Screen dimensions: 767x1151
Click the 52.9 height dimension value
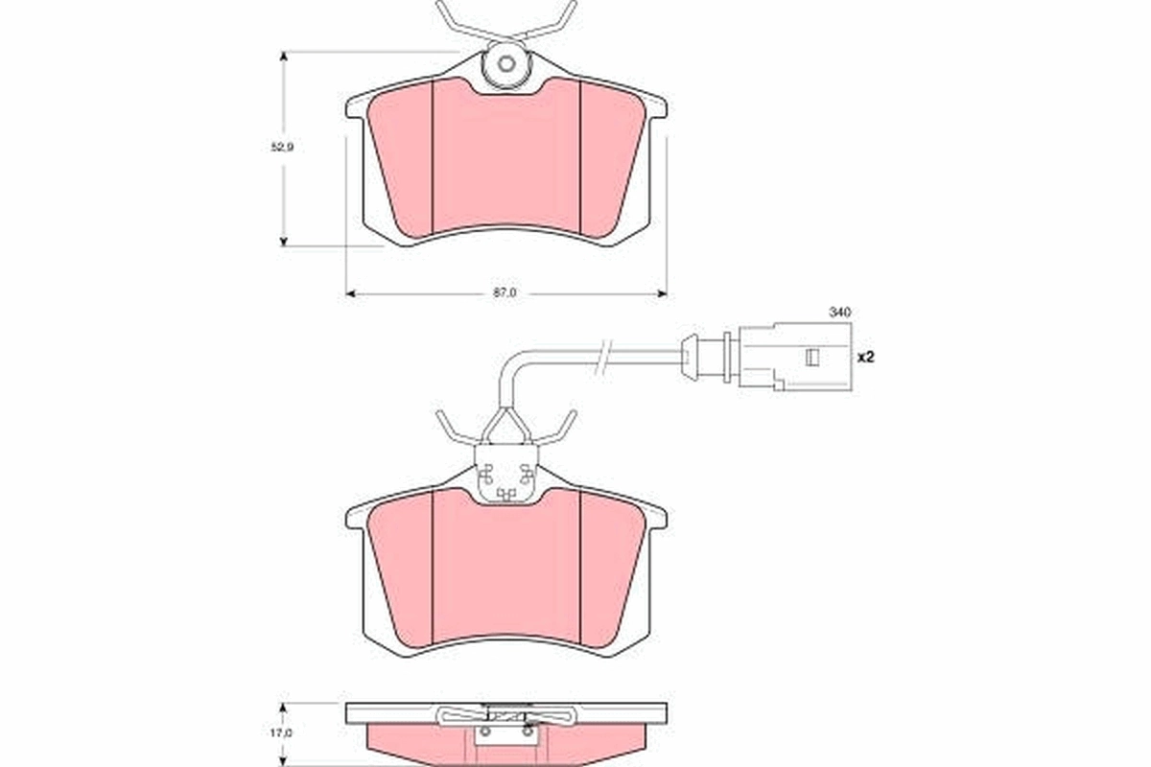pos(281,148)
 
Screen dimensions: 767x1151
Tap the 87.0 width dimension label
pos(505,293)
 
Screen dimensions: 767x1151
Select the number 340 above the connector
pos(840,313)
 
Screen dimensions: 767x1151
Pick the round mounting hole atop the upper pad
pos(507,66)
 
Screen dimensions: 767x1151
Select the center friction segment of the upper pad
pos(506,158)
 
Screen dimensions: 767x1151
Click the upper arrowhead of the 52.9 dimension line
pos(283,58)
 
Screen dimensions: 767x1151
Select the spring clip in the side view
pos(506,714)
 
